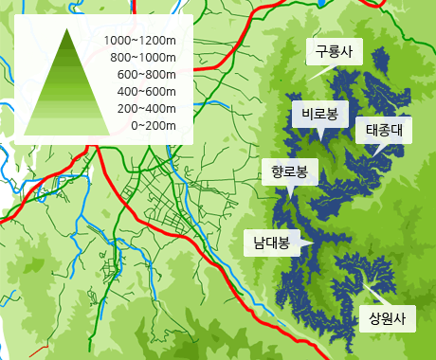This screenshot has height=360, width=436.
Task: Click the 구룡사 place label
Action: [333, 52]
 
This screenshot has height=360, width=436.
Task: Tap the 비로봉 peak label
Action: [319, 115]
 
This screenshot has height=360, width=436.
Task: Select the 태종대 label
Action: [384, 131]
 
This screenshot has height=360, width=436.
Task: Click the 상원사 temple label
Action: [387, 317]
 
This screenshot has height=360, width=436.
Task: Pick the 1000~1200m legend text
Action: [141, 41]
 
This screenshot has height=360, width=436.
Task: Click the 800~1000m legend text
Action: [144, 58]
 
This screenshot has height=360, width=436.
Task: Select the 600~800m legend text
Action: [147, 75]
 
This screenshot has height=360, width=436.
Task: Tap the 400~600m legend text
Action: [147, 91]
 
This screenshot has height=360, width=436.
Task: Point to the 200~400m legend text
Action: [147, 108]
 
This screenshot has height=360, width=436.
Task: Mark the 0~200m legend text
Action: [154, 125]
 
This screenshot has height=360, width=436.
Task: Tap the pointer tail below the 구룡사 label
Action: [320, 71]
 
